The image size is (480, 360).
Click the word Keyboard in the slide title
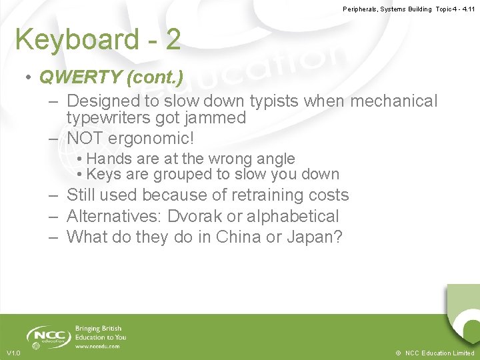(77, 40)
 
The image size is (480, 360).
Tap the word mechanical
(394, 101)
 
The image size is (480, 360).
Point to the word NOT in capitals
(85, 139)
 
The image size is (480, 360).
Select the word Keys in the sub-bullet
(103, 174)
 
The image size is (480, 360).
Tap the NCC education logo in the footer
(49, 336)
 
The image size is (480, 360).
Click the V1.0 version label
(13, 353)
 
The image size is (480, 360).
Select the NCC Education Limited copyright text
(435, 353)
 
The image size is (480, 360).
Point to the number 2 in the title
(173, 40)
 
